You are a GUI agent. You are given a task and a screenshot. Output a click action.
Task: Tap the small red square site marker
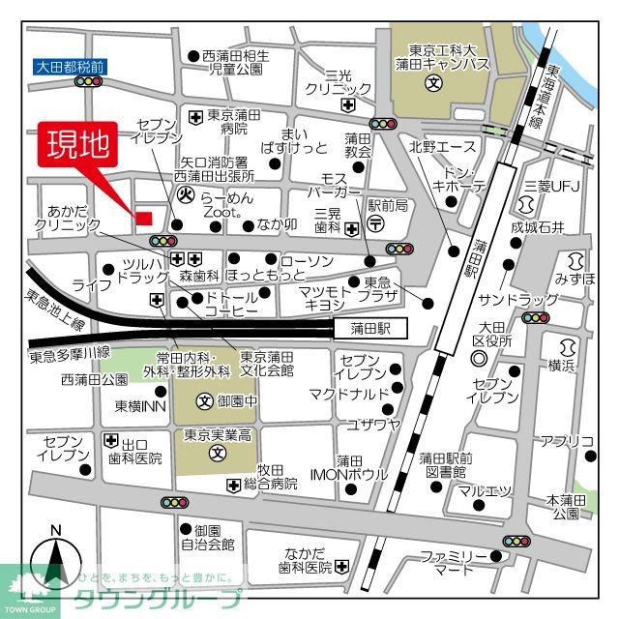143,218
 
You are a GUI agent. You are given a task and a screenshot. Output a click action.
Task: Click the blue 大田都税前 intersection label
69,68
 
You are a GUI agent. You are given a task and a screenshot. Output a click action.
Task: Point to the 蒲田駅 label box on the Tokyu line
371,329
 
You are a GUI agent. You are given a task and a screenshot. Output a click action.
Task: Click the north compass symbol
55,560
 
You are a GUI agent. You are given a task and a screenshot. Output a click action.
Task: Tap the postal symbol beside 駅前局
377,224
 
